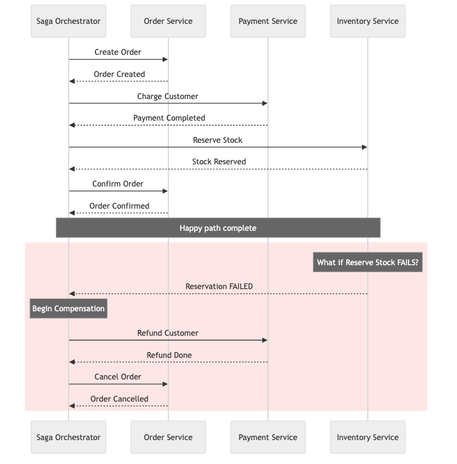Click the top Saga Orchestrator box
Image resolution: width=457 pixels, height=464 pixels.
click(68, 21)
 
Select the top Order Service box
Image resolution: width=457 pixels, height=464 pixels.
click(168, 21)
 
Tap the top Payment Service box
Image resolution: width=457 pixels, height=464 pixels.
click(268, 21)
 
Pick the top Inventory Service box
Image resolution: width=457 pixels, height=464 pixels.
click(367, 21)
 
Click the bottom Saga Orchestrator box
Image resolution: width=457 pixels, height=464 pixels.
click(68, 437)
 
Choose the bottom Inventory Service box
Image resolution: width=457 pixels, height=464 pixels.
click(367, 437)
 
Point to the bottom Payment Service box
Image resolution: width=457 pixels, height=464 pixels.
click(268, 437)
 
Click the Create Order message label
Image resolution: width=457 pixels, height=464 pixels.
click(118, 52)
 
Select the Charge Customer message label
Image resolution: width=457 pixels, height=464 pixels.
click(168, 96)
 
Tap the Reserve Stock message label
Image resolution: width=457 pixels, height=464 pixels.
click(217, 140)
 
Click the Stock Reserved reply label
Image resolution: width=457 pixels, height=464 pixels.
click(219, 161)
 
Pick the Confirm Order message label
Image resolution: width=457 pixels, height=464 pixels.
click(118, 184)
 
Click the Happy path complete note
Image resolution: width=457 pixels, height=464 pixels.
click(218, 228)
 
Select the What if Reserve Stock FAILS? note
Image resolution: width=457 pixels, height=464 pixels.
click(367, 262)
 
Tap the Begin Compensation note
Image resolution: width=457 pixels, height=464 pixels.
click(68, 308)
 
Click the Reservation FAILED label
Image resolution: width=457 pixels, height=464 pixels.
click(219, 286)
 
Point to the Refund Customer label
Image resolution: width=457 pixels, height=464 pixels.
click(168, 333)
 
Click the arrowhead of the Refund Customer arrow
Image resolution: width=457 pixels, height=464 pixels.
click(265, 340)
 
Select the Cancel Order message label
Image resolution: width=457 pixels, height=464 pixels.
click(118, 377)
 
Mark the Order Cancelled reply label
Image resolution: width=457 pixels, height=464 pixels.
click(119, 399)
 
